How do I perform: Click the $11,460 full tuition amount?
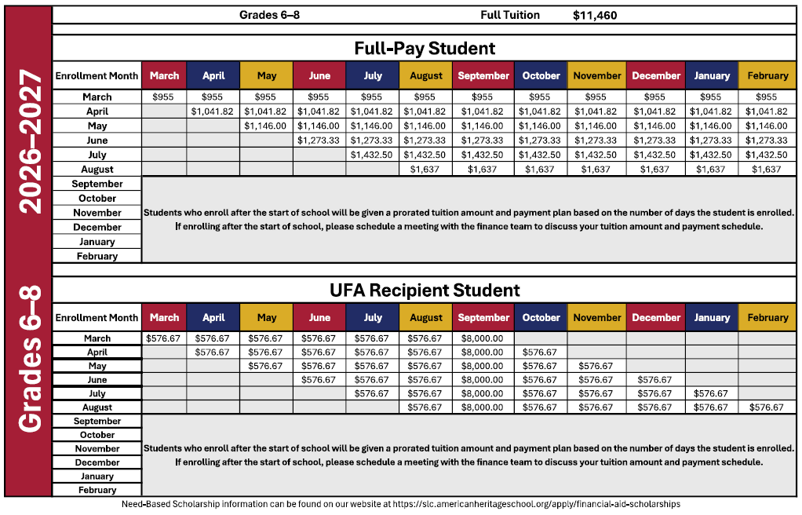595,15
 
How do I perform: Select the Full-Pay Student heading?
425,49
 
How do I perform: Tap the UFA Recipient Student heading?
425,290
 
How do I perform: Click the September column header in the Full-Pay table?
483,76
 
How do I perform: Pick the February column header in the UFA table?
767,318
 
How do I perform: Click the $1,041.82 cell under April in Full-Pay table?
212,111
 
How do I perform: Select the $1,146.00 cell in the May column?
266,126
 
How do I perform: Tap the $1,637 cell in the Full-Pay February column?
767,169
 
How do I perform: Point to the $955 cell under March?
164,97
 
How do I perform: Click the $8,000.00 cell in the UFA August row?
483,407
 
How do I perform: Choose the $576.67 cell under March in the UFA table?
164,338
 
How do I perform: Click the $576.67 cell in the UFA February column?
767,407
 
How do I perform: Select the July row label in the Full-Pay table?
97,155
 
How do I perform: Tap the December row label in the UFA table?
97,462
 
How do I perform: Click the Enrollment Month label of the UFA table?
97,318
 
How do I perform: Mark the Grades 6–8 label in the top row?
269,15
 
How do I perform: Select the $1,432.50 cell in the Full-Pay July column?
372,155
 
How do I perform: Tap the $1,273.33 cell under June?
319,141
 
